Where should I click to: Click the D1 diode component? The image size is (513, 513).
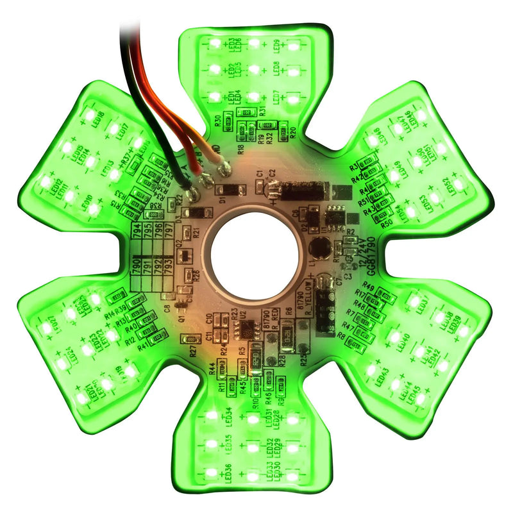coord(230,190)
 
